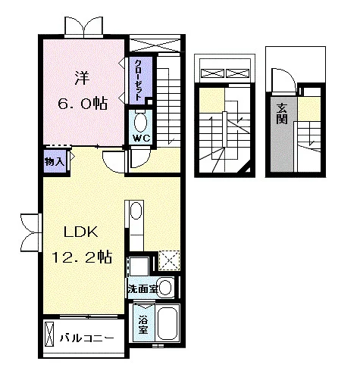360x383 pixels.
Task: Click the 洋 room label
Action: click(x=82, y=78)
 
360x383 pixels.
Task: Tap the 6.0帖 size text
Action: click(x=83, y=103)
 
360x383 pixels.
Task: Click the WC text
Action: click(x=142, y=139)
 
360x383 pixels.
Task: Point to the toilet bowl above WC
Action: click(x=140, y=122)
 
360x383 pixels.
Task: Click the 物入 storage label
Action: click(x=55, y=162)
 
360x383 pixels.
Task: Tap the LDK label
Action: click(x=81, y=232)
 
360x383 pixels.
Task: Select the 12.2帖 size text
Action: click(x=82, y=257)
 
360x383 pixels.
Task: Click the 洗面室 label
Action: click(x=143, y=289)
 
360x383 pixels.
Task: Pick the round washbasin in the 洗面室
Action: click(x=165, y=288)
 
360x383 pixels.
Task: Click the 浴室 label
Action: click(x=143, y=325)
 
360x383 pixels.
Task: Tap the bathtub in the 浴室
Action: click(x=167, y=323)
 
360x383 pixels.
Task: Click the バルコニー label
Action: click(x=86, y=338)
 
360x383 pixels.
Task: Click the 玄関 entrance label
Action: click(x=282, y=114)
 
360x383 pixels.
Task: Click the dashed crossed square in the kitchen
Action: click(x=169, y=260)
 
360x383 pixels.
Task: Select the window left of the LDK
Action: click(x=31, y=232)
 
